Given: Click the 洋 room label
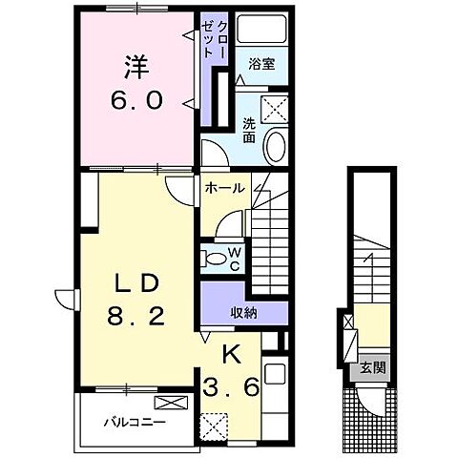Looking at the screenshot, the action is [136, 68].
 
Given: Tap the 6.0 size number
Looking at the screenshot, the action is [136, 100].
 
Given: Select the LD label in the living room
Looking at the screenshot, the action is [136, 283].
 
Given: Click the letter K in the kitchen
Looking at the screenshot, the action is [231, 355].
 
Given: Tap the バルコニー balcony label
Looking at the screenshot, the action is [135, 423].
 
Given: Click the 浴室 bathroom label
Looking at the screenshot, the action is [261, 64].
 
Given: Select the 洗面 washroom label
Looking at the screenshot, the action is [249, 130].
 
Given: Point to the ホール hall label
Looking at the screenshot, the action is [225, 188].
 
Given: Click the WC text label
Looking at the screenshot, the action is [235, 260].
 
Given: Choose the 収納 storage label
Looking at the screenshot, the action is [243, 314].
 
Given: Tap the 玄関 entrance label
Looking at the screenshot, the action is [373, 368].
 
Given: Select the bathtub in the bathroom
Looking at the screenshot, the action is [262, 29].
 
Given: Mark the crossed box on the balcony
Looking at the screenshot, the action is [171, 403].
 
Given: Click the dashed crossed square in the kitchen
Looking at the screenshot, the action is [214, 427].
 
